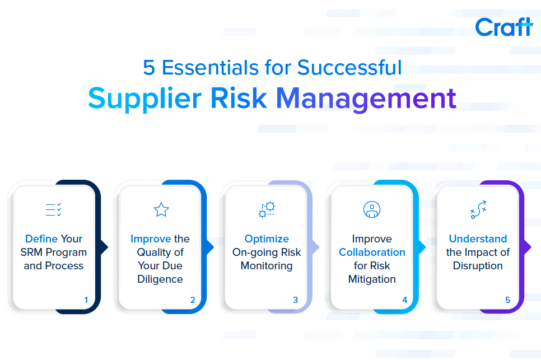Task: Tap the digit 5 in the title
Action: pyautogui.click(x=148, y=68)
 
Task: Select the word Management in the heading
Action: pyautogui.click(x=366, y=99)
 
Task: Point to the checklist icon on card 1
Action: pyautogui.click(x=53, y=210)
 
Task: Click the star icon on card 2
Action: pyautogui.click(x=161, y=210)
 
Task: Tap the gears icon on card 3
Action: pyautogui.click(x=267, y=209)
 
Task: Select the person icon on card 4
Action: pyautogui.click(x=372, y=209)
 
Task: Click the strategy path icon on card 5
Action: pyautogui.click(x=478, y=209)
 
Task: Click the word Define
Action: pyautogui.click(x=41, y=239)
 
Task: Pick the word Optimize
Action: pyautogui.click(x=267, y=239)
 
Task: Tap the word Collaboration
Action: pyautogui.click(x=372, y=253)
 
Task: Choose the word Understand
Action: pyautogui.click(x=478, y=239)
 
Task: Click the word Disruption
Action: pyautogui.click(x=478, y=266)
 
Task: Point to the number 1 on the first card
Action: pyautogui.click(x=86, y=300)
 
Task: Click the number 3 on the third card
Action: pyautogui.click(x=296, y=300)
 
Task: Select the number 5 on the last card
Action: pyautogui.click(x=507, y=300)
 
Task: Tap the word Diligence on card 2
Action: pyautogui.click(x=160, y=279)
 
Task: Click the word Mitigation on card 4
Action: pyautogui.click(x=372, y=279)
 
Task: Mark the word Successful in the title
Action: pyautogui.click(x=350, y=68)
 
